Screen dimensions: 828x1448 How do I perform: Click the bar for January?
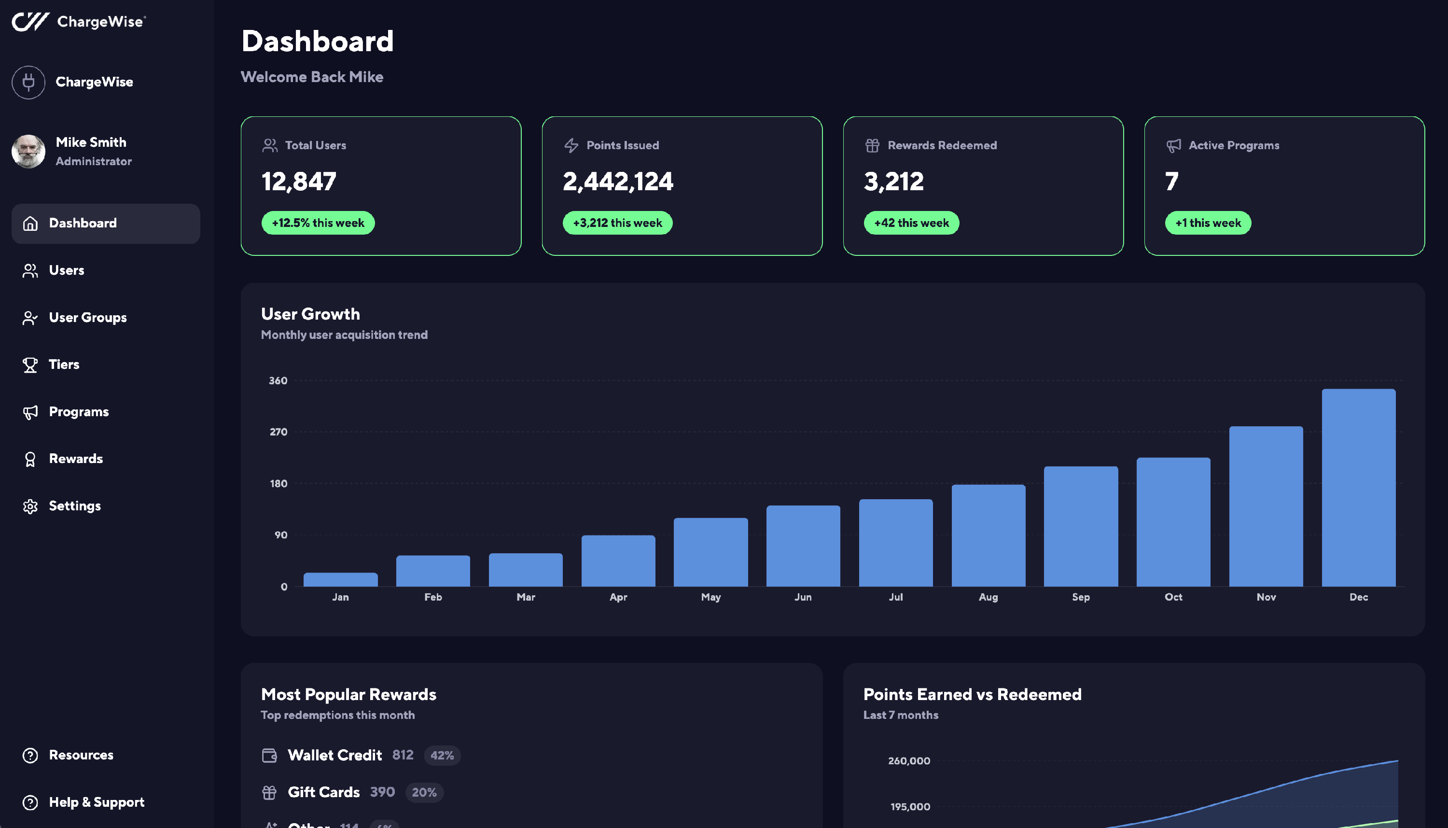coord(341,579)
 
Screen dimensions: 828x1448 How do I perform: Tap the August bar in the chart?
coord(988,535)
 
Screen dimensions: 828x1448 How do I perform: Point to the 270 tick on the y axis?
coord(278,432)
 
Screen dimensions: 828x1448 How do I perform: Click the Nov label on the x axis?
coord(1266,597)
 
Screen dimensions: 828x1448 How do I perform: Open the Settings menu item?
coord(74,506)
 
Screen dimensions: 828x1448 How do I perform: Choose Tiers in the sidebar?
coord(64,365)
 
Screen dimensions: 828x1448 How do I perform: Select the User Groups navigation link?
coord(87,317)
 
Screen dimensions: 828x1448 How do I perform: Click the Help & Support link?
coord(96,802)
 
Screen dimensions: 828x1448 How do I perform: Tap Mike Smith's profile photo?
coord(28,151)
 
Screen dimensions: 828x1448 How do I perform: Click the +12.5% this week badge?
coord(318,223)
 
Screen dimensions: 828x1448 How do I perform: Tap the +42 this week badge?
coord(911,223)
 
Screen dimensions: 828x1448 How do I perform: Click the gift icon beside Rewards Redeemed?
coord(872,146)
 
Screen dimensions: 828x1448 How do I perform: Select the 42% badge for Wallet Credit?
coord(442,756)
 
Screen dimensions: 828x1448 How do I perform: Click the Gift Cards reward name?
coord(323,792)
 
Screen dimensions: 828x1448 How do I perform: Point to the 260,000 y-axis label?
coord(909,761)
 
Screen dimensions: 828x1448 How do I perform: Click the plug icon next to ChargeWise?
coord(28,83)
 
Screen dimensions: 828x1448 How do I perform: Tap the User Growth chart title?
coord(310,314)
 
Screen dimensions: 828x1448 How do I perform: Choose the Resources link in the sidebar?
coord(81,755)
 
